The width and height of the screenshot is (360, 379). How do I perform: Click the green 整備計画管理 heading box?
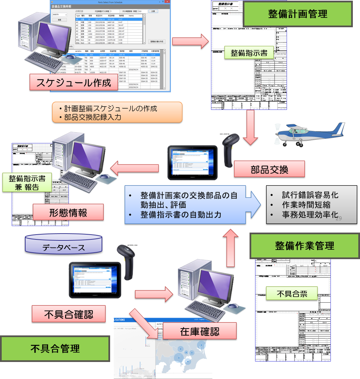(x=298, y=14)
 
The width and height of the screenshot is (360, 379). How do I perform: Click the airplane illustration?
(x=308, y=135)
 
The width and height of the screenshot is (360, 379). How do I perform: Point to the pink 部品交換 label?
(x=269, y=169)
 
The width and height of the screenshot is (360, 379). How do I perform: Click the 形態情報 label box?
(x=68, y=212)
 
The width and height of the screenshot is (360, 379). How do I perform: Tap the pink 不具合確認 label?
(x=68, y=314)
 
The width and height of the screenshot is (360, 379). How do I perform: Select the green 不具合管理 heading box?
(x=55, y=348)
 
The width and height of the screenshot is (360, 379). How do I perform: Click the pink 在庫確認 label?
(x=199, y=331)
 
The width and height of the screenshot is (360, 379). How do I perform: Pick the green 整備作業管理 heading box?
(x=304, y=246)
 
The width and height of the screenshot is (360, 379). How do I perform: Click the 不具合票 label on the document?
(x=291, y=293)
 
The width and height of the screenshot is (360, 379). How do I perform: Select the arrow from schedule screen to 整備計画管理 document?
(x=190, y=41)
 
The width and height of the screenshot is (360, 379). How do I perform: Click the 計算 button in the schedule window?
(x=153, y=11)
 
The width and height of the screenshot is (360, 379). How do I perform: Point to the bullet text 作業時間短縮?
(x=306, y=205)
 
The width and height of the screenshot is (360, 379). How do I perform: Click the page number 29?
(x=339, y=219)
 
